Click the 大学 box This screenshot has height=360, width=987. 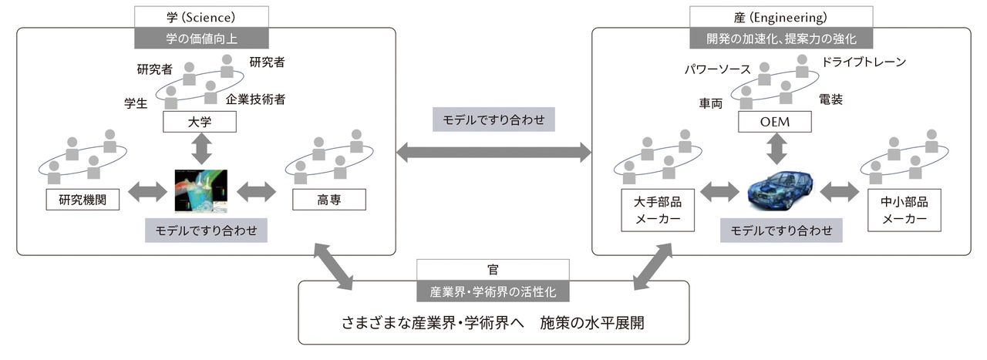pyautogui.click(x=200, y=122)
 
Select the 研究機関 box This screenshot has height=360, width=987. pyautogui.click(x=81, y=200)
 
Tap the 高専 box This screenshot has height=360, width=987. pyautogui.click(x=329, y=200)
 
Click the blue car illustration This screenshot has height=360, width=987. pyautogui.click(x=780, y=190)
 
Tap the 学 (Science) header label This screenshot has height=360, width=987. pyautogui.click(x=201, y=17)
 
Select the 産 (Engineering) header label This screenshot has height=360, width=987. pyautogui.click(x=780, y=17)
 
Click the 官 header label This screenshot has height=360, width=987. pyautogui.click(x=493, y=270)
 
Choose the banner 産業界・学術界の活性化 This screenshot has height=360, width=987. pyautogui.click(x=493, y=292)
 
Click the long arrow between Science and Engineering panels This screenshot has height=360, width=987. pyautogui.click(x=493, y=153)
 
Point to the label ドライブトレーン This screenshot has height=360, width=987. pyautogui.click(x=864, y=62)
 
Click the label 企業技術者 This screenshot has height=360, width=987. pyautogui.click(x=256, y=99)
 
